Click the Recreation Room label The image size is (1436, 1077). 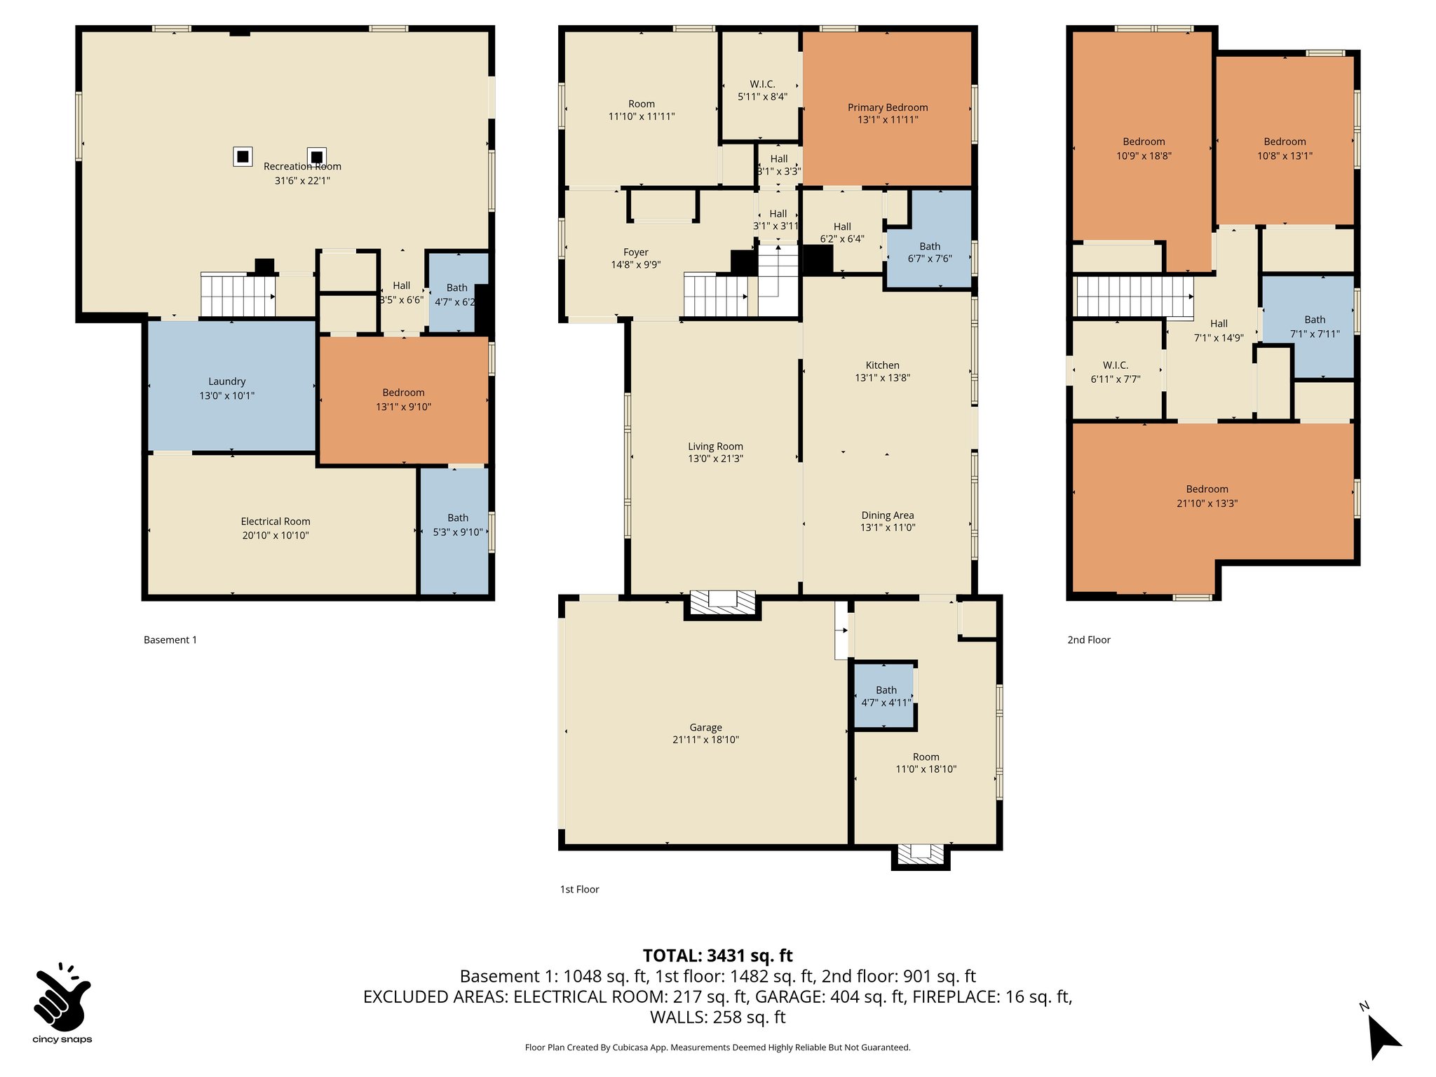point(302,166)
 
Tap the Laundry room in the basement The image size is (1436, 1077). point(226,388)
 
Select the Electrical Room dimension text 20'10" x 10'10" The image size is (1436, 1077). point(276,535)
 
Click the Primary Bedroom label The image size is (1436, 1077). point(887,107)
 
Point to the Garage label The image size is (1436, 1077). point(705,727)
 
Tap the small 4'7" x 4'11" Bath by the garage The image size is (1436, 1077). point(886,696)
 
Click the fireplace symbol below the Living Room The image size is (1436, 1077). point(723,602)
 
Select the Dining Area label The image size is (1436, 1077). point(887,515)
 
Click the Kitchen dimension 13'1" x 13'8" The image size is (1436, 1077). point(882,377)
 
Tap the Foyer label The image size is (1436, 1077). point(635,252)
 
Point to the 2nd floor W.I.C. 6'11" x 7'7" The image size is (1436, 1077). point(1115,372)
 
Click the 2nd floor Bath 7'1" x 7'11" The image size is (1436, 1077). point(1314,326)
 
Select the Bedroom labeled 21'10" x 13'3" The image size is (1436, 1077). point(1206,496)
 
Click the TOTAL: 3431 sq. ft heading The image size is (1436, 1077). point(717,955)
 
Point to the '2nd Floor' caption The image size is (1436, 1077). point(1088,639)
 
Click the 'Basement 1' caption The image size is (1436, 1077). point(170,639)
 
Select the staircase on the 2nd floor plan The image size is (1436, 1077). point(1134,296)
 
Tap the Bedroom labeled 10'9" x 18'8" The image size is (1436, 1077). point(1143,148)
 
